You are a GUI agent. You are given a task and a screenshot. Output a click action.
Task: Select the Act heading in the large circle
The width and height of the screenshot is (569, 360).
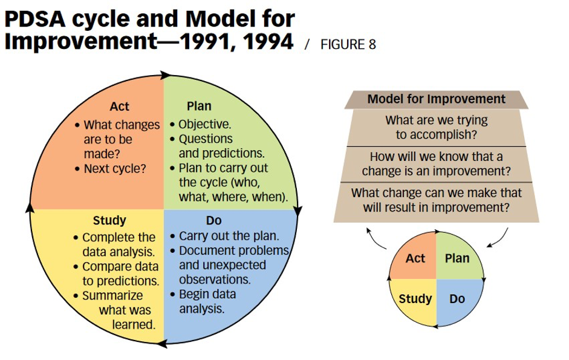tap(119, 107)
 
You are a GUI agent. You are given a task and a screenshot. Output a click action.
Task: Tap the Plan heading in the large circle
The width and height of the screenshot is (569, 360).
tap(199, 106)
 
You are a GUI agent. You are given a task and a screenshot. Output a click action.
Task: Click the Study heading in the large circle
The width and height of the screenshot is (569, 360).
tap(109, 220)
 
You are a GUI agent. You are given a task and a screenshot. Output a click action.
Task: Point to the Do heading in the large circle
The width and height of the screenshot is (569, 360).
tap(214, 220)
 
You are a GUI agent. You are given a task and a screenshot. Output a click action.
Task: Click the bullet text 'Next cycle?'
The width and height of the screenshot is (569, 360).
tap(115, 168)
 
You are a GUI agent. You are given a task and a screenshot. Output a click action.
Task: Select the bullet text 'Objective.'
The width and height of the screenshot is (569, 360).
tap(204, 126)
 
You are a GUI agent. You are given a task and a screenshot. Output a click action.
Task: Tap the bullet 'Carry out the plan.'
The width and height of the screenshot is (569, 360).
tap(229, 236)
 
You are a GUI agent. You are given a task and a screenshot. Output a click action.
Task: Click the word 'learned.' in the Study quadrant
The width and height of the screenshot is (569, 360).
tap(134, 324)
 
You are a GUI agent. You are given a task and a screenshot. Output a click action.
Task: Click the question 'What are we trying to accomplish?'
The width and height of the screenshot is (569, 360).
tap(436, 127)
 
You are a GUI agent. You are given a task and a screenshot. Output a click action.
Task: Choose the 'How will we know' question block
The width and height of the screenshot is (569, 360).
tap(436, 163)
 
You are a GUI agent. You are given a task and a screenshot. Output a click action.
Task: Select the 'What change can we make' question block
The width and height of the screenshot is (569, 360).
tap(436, 200)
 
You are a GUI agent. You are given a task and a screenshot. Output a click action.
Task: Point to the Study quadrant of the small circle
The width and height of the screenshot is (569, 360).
tap(415, 299)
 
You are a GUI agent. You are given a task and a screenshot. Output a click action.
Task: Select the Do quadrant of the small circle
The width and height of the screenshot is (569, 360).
tap(457, 299)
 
